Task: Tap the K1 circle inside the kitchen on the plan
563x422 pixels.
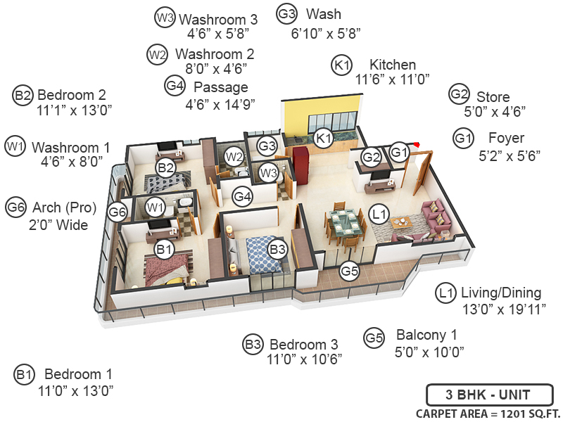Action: pos(323,138)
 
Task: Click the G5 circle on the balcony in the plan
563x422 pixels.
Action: pos(349,270)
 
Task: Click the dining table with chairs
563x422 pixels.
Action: pos(345,226)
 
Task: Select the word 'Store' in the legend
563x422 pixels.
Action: pos(493,96)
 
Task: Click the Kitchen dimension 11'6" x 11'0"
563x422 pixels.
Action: pos(393,79)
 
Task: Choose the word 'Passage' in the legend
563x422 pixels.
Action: pos(220,87)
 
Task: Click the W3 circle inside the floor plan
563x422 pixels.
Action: pos(267,172)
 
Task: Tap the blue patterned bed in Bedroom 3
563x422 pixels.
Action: pos(266,254)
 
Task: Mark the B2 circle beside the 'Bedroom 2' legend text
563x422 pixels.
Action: pos(23,95)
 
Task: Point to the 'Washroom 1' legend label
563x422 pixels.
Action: pos(71,147)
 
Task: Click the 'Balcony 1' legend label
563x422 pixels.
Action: pos(426,335)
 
